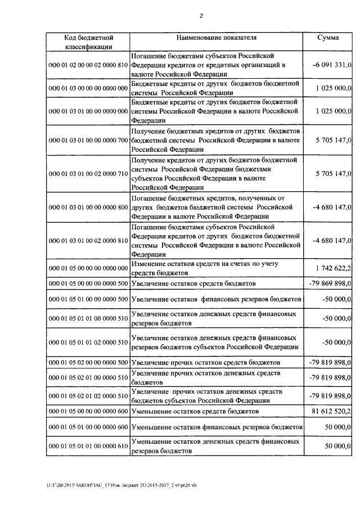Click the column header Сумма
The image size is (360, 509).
[328, 38]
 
